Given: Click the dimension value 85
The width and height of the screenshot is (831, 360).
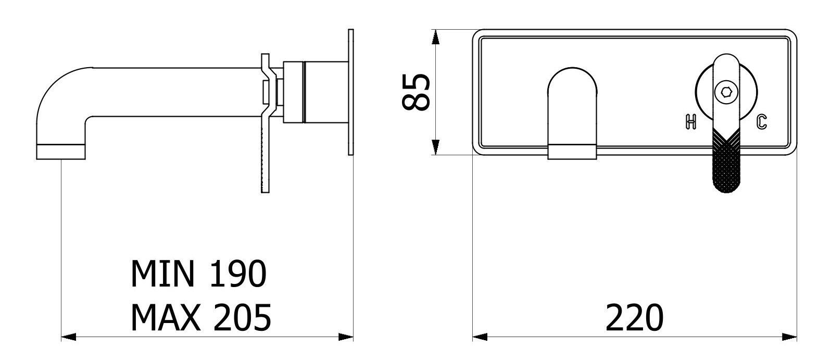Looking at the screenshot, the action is (416, 92).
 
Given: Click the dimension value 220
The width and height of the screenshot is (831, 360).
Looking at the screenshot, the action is (634, 317).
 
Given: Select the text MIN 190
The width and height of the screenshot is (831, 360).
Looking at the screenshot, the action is (199, 274).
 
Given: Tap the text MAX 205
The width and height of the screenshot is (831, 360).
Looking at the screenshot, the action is (201, 317).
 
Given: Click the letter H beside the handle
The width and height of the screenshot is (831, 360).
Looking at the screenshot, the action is (690, 122).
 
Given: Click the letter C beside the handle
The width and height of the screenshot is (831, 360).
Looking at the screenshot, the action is (762, 122).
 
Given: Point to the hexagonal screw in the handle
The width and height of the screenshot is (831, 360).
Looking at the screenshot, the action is (726, 92).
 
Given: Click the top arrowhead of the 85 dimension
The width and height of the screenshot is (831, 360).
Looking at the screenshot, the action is (436, 37).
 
